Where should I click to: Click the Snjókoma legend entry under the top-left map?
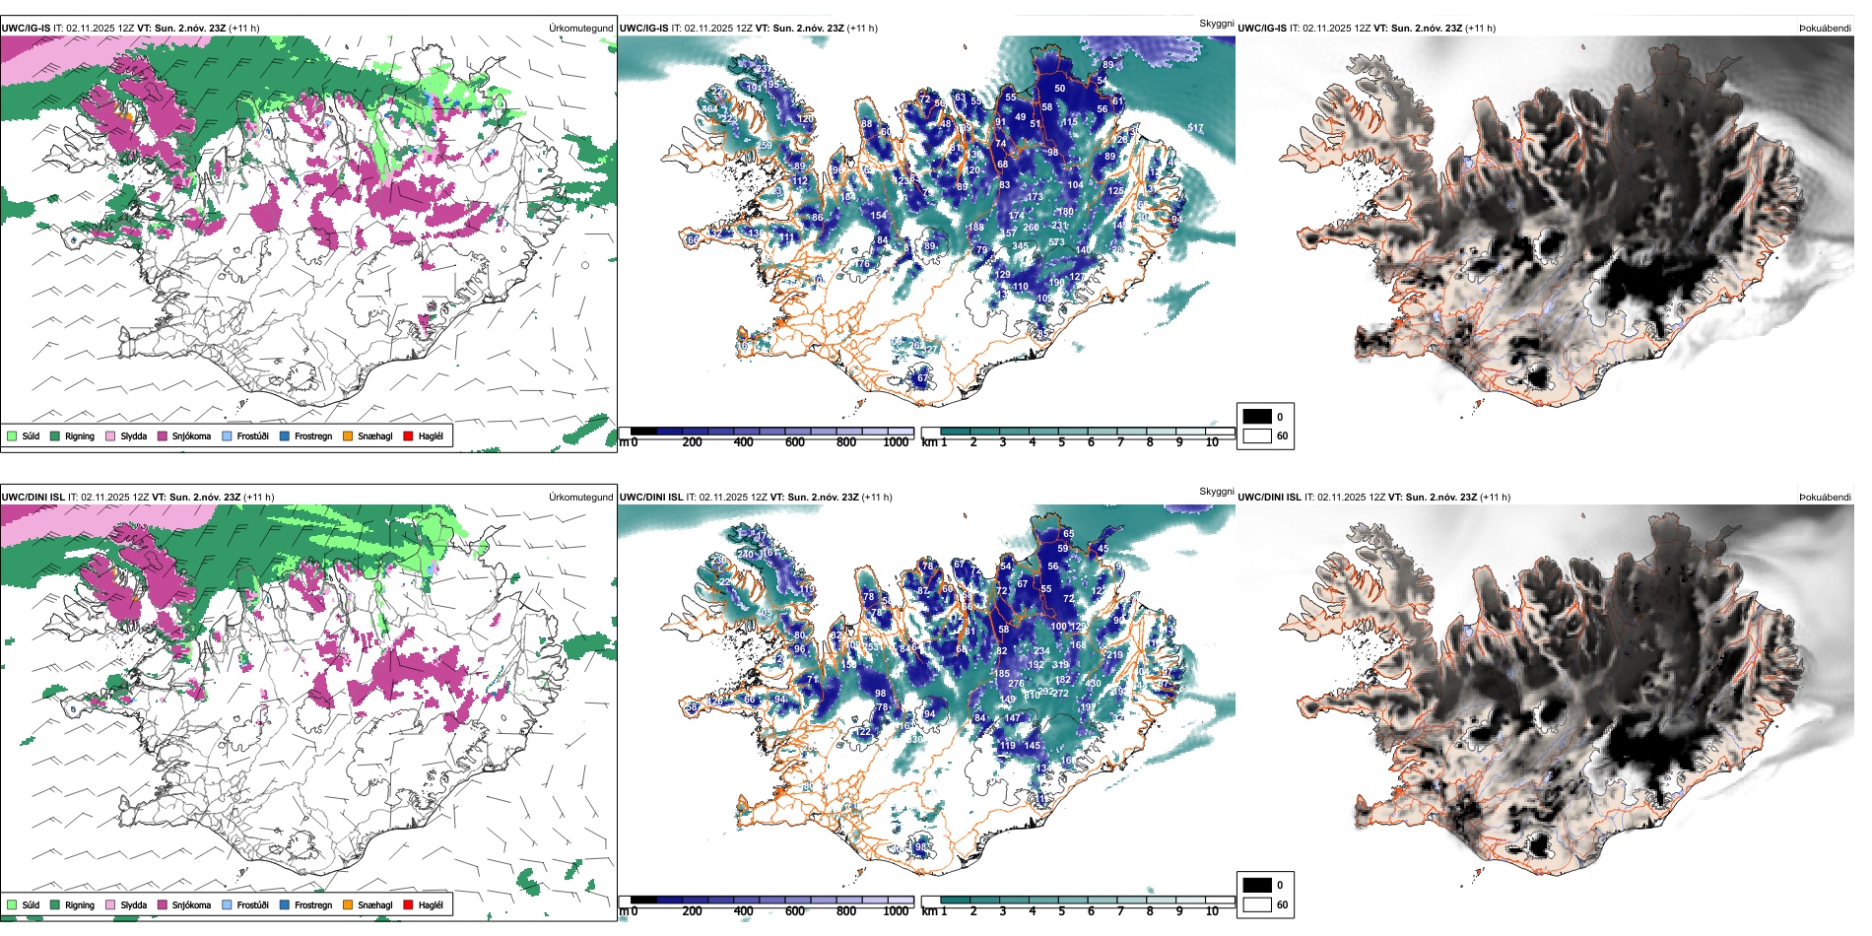tap(190, 435)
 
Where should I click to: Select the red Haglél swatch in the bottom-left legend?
tap(408, 904)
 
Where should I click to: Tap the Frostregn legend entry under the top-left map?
tap(312, 435)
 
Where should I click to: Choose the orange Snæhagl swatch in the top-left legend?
tap(348, 435)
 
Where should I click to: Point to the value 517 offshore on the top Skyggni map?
tap(1195, 128)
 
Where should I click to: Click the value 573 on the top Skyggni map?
tap(1056, 242)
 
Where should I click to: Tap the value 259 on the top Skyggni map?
tap(765, 146)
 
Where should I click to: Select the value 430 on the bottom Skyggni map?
tap(1093, 683)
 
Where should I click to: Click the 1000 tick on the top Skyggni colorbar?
tap(896, 442)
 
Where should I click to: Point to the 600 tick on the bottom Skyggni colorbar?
tap(794, 911)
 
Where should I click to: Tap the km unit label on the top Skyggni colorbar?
tap(929, 442)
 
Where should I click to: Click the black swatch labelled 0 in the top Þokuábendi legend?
tap(1257, 417)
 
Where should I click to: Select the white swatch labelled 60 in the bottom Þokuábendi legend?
tap(1257, 904)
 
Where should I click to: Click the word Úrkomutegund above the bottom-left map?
tap(580, 498)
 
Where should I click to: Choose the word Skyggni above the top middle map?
tap(1216, 23)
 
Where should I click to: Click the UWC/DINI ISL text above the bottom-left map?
tap(33, 498)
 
